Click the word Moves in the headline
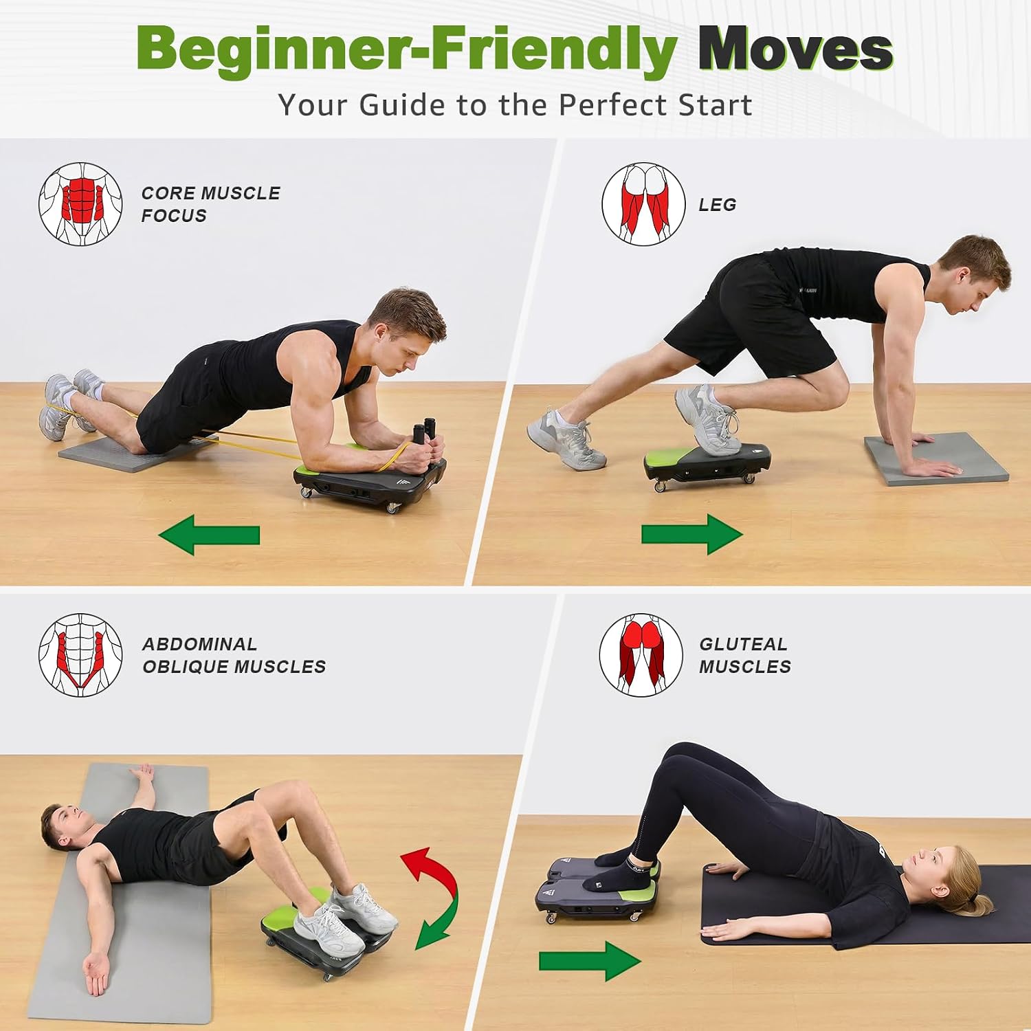point(795,49)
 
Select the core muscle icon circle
point(80,204)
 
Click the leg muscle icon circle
point(643,204)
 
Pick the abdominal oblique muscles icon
point(80,655)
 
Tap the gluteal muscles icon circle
point(641,655)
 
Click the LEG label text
point(718,205)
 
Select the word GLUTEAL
point(743,644)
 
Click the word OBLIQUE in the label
point(186,667)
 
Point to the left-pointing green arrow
point(209,535)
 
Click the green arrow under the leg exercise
point(692,534)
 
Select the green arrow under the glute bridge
point(590,960)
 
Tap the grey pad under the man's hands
point(936,458)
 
